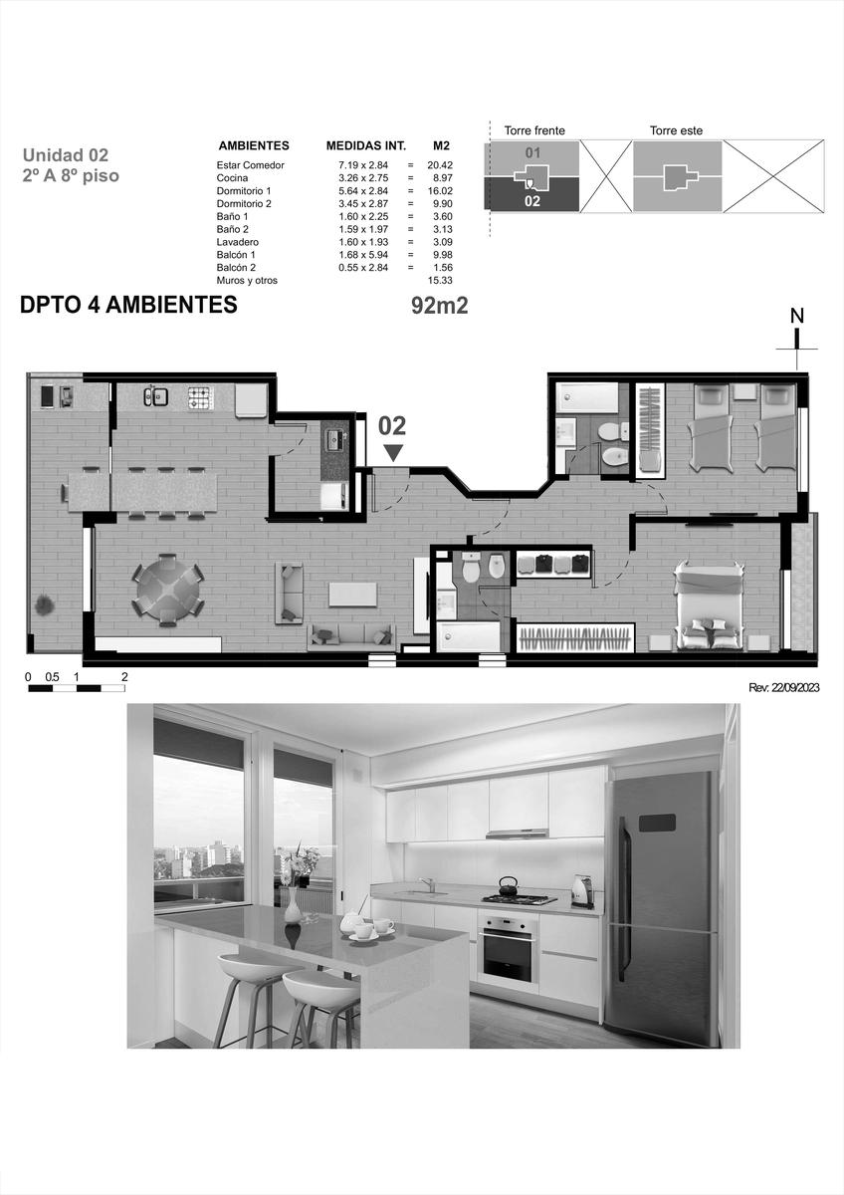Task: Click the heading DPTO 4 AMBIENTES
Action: click(x=128, y=305)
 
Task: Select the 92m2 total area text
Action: click(x=439, y=306)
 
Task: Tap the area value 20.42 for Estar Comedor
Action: click(x=440, y=165)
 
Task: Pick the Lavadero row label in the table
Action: click(x=237, y=242)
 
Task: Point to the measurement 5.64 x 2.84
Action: click(x=363, y=191)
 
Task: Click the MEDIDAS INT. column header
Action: click(x=366, y=145)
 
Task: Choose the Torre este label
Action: click(x=676, y=130)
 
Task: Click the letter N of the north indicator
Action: click(x=797, y=317)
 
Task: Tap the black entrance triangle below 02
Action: click(x=393, y=453)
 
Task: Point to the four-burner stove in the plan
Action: click(x=200, y=398)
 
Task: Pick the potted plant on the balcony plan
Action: click(x=44, y=605)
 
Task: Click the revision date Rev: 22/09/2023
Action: click(x=783, y=688)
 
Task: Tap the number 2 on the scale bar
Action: click(x=124, y=677)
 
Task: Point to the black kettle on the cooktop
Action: click(x=508, y=885)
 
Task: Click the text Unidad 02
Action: click(x=65, y=155)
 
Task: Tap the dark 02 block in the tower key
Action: click(x=531, y=196)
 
